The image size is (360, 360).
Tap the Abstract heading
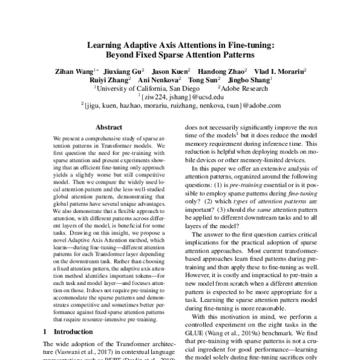[109, 128]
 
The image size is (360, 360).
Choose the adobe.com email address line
[181, 104]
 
